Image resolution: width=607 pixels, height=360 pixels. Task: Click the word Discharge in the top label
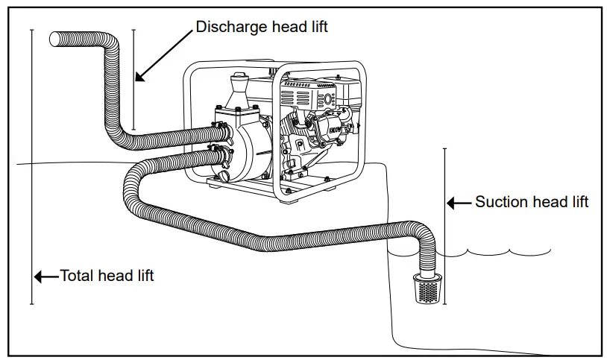coord(229,26)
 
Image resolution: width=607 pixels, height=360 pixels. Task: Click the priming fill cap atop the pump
coord(239,78)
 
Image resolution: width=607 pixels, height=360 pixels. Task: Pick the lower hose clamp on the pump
coord(217,157)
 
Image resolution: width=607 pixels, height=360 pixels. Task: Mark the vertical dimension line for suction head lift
coord(444,224)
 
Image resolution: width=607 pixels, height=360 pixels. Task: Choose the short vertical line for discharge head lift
coord(133,80)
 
